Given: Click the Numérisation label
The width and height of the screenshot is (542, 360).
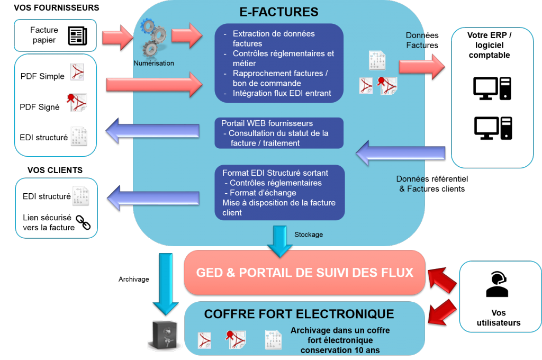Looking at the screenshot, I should [x=153, y=63].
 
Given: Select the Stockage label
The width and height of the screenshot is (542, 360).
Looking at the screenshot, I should [x=308, y=234].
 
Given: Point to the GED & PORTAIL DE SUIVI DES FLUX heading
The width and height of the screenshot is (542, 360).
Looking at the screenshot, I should [x=304, y=273].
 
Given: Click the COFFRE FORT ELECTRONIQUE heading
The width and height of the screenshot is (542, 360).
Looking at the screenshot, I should [x=299, y=314].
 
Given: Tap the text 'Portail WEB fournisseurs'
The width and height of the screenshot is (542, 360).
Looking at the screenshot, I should [x=267, y=123].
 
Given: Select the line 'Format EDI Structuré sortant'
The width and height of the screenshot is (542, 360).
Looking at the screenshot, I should [x=275, y=173].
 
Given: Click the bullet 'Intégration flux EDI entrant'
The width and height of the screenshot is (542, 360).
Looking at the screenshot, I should [x=282, y=93].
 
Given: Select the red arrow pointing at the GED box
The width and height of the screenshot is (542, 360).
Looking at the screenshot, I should [x=442, y=278].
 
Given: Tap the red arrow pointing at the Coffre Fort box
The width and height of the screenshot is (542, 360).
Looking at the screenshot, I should [x=442, y=311].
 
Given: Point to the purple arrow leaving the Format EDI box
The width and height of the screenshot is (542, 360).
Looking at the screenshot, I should [x=153, y=197].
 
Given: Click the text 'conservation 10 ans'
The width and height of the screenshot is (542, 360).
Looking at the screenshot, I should [x=340, y=350].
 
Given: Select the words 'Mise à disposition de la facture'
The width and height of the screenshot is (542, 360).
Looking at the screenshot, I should [x=279, y=203].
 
